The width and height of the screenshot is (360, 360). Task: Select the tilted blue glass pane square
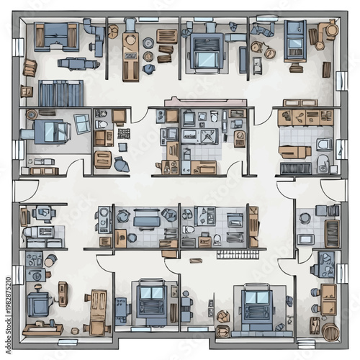tap(82, 123)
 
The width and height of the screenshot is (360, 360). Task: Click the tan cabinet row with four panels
tap(307, 117)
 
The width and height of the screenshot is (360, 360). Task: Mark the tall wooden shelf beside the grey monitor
tap(253, 224)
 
